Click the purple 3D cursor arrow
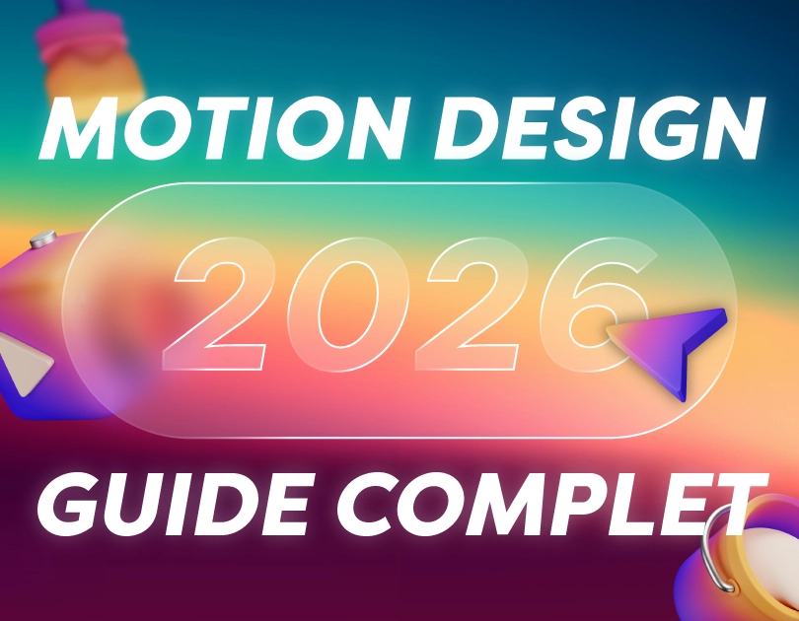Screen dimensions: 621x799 [x=676, y=345]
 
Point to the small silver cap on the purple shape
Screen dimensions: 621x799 [x=42, y=239]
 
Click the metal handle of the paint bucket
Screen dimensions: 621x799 [x=720, y=552]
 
